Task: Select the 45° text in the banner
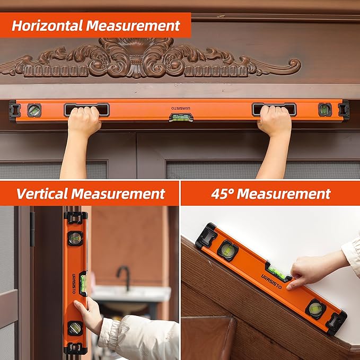pyautogui.click(x=222, y=194)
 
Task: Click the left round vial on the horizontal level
pyautogui.click(x=34, y=110)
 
